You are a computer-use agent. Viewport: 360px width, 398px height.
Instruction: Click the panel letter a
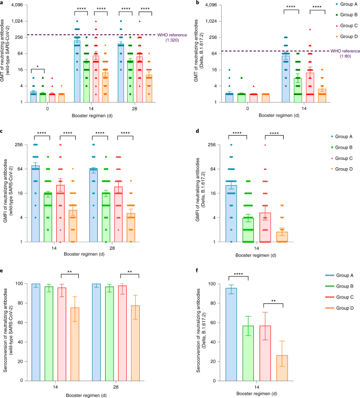tap(3, 3)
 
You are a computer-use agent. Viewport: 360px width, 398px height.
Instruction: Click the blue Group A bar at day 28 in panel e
tap(96, 332)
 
